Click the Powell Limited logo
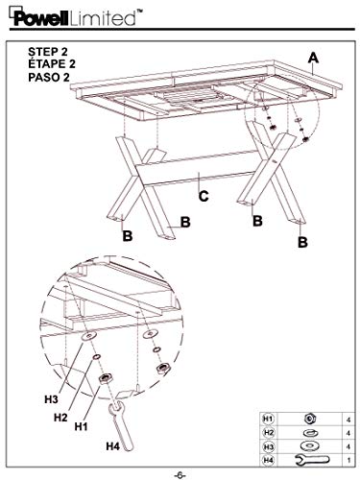(76, 17)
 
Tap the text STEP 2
(48, 52)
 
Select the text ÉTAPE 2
(52, 64)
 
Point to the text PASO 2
(49, 77)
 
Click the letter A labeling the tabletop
(313, 58)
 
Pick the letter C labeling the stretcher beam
(204, 196)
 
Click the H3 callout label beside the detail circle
(51, 399)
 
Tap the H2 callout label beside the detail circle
(60, 418)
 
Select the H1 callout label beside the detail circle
(82, 426)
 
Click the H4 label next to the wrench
(112, 445)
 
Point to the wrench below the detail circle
(121, 425)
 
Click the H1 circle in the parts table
(268, 419)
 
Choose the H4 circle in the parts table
(268, 460)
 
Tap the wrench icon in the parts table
(311, 460)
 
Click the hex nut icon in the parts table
(309, 419)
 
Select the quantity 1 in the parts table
(348, 460)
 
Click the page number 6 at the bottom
(180, 475)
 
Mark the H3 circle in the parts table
(268, 446)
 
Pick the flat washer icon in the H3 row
(309, 445)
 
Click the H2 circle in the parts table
(268, 433)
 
